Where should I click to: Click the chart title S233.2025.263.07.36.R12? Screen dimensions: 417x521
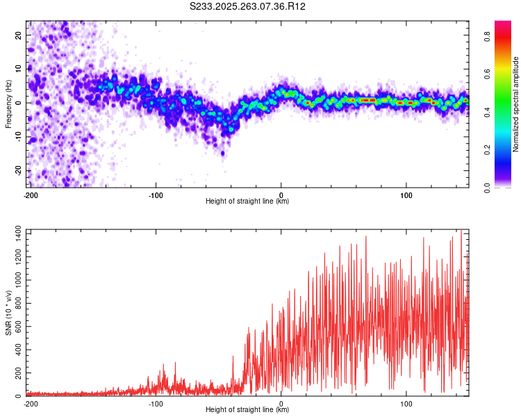(248, 6)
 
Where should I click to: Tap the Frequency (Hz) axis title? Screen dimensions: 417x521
(8, 103)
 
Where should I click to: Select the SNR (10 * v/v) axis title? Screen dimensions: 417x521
(8, 312)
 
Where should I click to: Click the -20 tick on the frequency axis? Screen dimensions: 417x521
(17, 170)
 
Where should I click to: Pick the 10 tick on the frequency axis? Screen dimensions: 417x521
(19, 68)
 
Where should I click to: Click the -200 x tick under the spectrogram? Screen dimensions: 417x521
(30, 194)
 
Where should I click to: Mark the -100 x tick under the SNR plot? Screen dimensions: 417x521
(156, 402)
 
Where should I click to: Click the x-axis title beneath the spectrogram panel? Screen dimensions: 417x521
(247, 202)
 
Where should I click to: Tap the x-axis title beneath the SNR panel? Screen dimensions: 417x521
(247, 410)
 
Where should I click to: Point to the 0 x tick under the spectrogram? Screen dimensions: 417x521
(281, 194)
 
